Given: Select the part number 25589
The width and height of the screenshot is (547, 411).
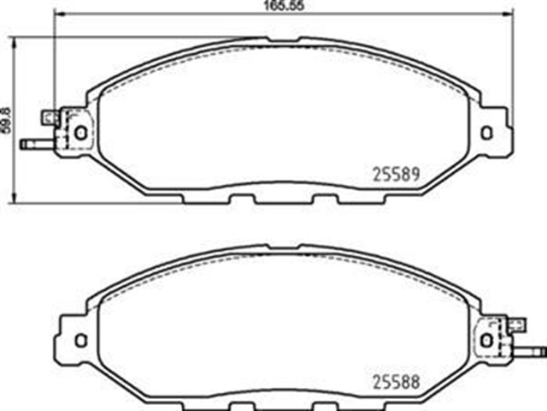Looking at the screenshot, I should point(394,173).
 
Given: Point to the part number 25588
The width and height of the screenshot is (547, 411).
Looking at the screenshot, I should point(394,380).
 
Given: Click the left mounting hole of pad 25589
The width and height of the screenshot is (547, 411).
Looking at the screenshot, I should point(81,133).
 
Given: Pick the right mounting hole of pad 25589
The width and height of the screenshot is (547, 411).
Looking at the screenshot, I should point(486,133).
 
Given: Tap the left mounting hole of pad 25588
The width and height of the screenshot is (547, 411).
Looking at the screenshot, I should point(81,340).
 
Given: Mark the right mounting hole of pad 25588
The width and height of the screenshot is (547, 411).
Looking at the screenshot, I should point(486,340).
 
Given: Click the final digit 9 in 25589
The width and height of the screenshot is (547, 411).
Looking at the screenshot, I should point(414,173).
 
